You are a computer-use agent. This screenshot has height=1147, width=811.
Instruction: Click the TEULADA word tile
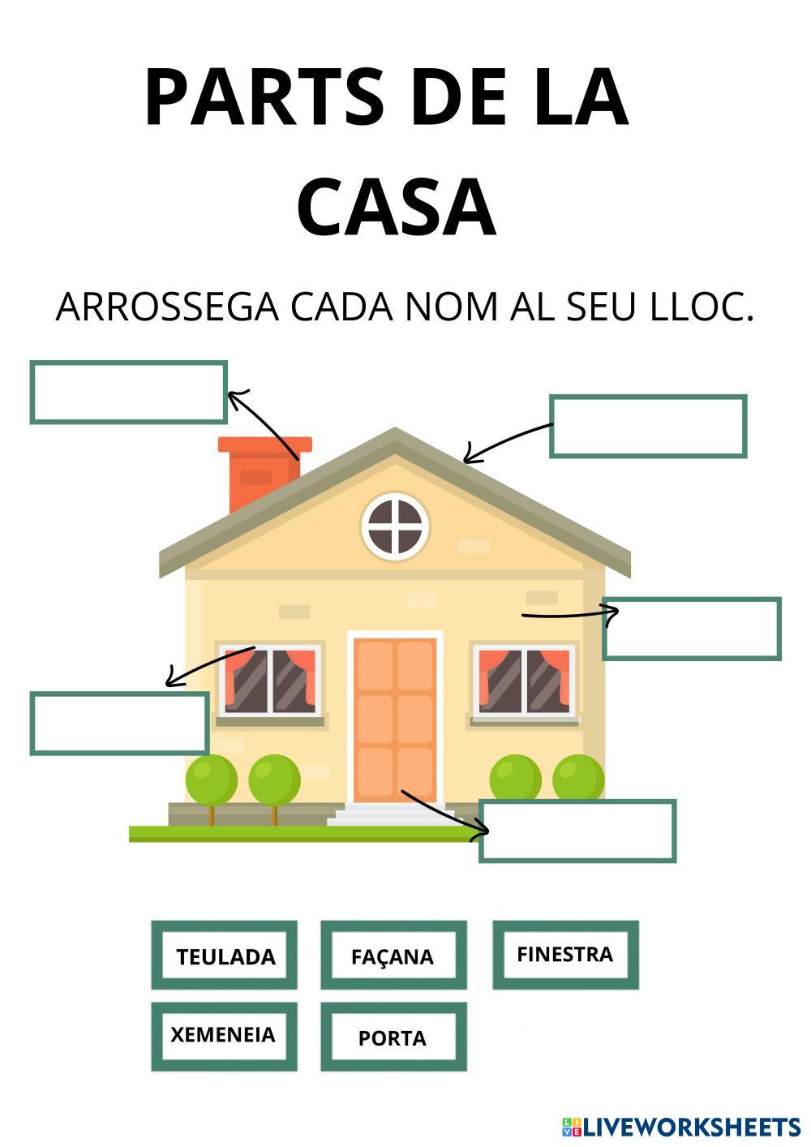(225, 956)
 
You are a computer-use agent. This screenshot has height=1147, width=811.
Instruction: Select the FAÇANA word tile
(393, 956)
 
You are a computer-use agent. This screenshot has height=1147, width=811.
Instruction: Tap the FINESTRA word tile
(565, 954)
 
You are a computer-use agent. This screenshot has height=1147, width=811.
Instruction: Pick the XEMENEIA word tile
(223, 1035)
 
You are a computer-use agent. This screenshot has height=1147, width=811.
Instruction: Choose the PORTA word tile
(393, 1037)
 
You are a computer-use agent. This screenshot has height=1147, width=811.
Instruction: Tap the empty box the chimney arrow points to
(128, 393)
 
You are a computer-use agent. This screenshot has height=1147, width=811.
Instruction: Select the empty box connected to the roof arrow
(647, 427)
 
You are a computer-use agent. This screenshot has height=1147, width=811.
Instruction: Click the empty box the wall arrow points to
(691, 629)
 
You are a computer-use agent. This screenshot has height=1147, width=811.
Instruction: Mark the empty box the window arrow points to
(119, 723)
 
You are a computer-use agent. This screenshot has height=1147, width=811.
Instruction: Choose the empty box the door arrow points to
(577, 831)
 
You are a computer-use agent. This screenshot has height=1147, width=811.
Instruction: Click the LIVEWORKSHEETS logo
(681, 1126)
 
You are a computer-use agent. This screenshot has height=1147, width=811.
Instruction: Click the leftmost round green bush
(211, 779)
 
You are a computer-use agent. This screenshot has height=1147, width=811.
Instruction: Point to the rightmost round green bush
(578, 777)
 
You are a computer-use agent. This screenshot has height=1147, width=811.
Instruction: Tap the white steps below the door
(389, 814)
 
